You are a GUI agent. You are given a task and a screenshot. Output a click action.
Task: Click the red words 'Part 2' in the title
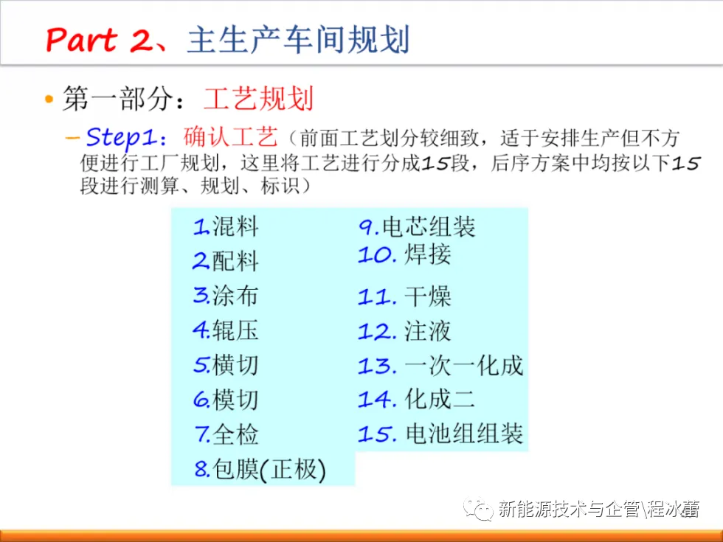[99, 40]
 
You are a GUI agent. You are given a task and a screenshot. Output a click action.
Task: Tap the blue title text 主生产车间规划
[298, 40]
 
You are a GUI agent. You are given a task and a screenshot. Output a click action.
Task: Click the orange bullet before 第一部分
[49, 99]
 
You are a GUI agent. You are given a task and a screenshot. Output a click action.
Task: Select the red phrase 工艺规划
[258, 98]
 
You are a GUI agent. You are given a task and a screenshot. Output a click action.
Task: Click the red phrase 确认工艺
[230, 137]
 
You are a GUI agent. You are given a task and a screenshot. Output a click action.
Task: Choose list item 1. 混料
[226, 226]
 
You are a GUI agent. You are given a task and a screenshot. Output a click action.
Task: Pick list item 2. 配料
[226, 261]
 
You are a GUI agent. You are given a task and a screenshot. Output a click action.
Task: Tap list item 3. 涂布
[226, 296]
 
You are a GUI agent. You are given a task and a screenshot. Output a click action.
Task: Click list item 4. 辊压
[226, 330]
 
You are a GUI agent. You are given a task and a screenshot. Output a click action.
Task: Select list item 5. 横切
[226, 364]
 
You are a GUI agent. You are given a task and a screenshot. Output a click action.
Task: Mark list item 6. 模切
[226, 399]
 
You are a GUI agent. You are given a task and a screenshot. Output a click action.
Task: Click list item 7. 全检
[226, 434]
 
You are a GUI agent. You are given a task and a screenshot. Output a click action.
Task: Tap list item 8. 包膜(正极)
[260, 469]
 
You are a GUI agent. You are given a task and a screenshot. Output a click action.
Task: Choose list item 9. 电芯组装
[417, 226]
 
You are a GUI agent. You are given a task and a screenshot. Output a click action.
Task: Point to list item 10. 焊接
[404, 254]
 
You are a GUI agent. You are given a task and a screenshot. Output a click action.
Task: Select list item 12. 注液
[404, 331]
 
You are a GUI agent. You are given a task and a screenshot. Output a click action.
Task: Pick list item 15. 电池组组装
[441, 434]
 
